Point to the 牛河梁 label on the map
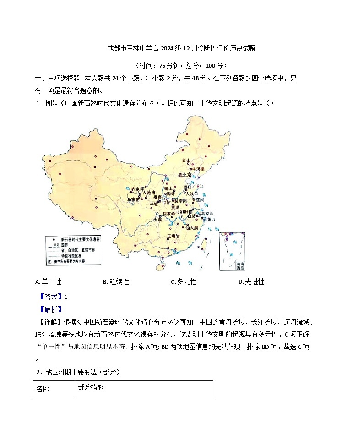[x=198, y=169]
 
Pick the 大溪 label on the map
[x=157, y=220]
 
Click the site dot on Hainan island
[x=163, y=265]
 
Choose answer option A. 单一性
[x=48, y=281]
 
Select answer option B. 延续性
[x=116, y=281]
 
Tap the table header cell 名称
[x=42, y=389]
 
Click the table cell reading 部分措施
[x=91, y=387]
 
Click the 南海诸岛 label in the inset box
[x=240, y=266]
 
